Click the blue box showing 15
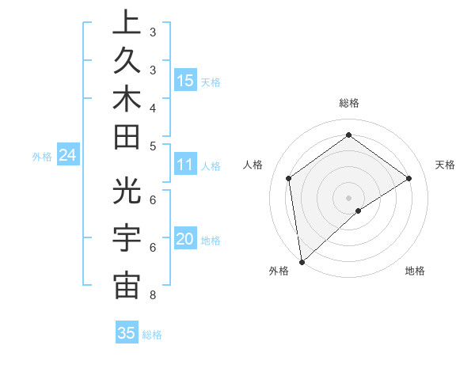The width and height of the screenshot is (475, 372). coord(185,80)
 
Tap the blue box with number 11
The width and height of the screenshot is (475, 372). coord(185,165)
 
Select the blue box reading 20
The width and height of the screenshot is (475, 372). coord(185,240)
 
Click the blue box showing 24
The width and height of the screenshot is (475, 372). coord(68,156)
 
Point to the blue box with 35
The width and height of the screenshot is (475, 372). coord(127,333)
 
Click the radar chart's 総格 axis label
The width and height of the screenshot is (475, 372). coord(348,103)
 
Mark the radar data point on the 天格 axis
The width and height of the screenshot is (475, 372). coord(409,178)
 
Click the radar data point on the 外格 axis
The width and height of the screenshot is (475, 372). coord(302,261)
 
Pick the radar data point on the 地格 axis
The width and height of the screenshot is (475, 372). coord(359,211)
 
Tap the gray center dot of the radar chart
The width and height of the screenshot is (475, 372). coord(348,197)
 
